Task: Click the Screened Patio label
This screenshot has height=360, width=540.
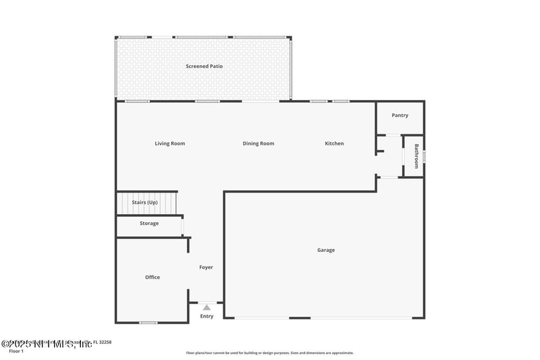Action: (x=205, y=66)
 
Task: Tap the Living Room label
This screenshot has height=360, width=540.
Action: (x=169, y=143)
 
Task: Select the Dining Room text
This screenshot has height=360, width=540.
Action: (x=259, y=143)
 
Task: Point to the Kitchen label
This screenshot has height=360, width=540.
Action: (x=334, y=143)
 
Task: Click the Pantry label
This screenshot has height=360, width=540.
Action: (x=400, y=115)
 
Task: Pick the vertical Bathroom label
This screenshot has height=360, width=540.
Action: (x=416, y=156)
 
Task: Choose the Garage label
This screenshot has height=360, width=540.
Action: (x=326, y=250)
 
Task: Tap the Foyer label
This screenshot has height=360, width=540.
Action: (x=206, y=267)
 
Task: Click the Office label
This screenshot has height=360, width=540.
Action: (x=153, y=277)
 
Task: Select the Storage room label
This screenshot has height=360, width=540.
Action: (x=149, y=224)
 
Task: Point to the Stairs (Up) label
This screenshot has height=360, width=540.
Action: (x=144, y=202)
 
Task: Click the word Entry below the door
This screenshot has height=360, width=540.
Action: (x=207, y=316)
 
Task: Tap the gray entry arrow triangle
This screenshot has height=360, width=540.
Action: (x=207, y=307)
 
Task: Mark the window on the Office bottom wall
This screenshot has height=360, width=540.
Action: (x=148, y=322)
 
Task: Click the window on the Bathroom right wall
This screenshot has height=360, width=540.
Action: (x=425, y=157)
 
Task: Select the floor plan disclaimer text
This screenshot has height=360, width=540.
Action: (x=269, y=353)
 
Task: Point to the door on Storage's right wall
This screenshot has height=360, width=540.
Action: (x=183, y=226)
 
